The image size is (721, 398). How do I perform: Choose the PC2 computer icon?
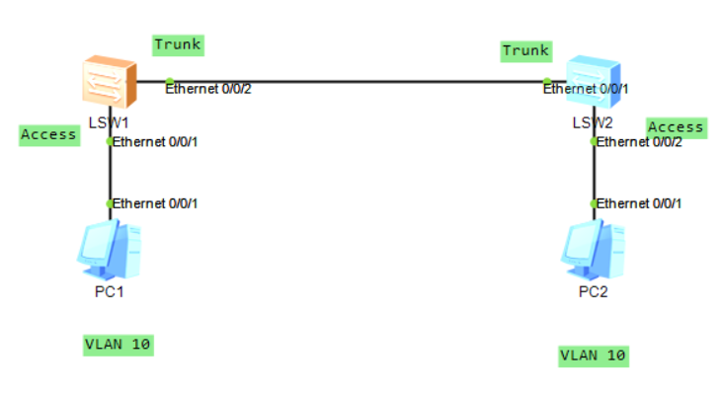594,252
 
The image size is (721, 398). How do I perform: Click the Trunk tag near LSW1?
178,44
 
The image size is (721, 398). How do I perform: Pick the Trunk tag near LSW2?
526,50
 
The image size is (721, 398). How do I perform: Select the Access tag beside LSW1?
48,135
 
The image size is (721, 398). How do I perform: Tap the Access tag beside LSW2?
676,127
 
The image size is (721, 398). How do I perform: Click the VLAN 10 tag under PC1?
119,345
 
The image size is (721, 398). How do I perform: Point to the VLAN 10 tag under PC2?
594,356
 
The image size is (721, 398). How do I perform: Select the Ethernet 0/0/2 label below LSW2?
640,142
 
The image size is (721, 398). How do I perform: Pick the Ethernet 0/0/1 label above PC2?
640,203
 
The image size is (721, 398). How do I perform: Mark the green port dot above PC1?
110,203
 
